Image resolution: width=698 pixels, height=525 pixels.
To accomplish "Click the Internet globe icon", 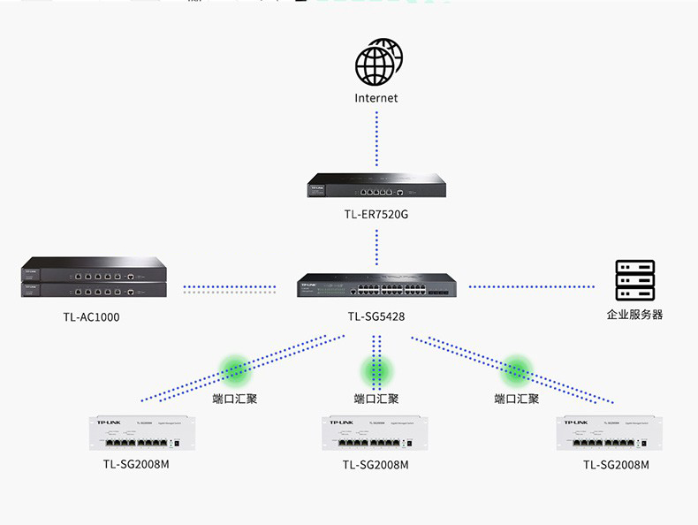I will (x=377, y=62).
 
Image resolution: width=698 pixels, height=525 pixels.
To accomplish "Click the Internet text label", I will (x=376, y=98).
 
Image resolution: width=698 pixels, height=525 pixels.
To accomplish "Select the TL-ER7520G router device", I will (x=376, y=186).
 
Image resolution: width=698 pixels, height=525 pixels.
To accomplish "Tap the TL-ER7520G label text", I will (x=376, y=215).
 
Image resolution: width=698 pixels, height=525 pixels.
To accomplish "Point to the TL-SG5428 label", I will (x=376, y=316).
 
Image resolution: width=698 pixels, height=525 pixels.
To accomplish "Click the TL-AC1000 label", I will (x=93, y=316).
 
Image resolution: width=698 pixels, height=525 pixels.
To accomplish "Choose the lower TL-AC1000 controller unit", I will (x=93, y=288).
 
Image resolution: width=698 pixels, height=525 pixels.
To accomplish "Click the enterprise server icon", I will (x=634, y=281).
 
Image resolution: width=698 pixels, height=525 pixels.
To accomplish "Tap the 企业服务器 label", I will (x=634, y=315).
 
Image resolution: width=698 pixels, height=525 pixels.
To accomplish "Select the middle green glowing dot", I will (x=376, y=369).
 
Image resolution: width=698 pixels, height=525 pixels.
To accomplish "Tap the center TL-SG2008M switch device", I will (x=376, y=433).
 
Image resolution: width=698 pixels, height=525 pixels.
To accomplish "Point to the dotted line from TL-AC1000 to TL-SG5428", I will (x=230, y=287).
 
